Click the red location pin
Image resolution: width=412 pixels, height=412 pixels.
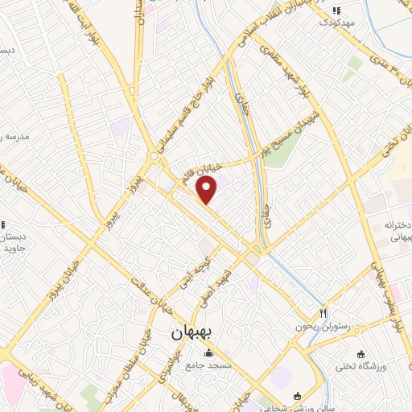coord(208,190)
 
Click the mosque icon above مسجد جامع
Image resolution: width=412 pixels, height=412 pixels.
coord(209,352)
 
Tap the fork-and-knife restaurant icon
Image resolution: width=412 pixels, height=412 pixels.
coord(323,313)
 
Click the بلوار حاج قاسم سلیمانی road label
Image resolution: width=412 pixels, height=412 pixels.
coord(183,111)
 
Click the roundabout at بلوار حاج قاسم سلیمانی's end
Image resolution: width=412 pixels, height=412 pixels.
coord(153,156)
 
